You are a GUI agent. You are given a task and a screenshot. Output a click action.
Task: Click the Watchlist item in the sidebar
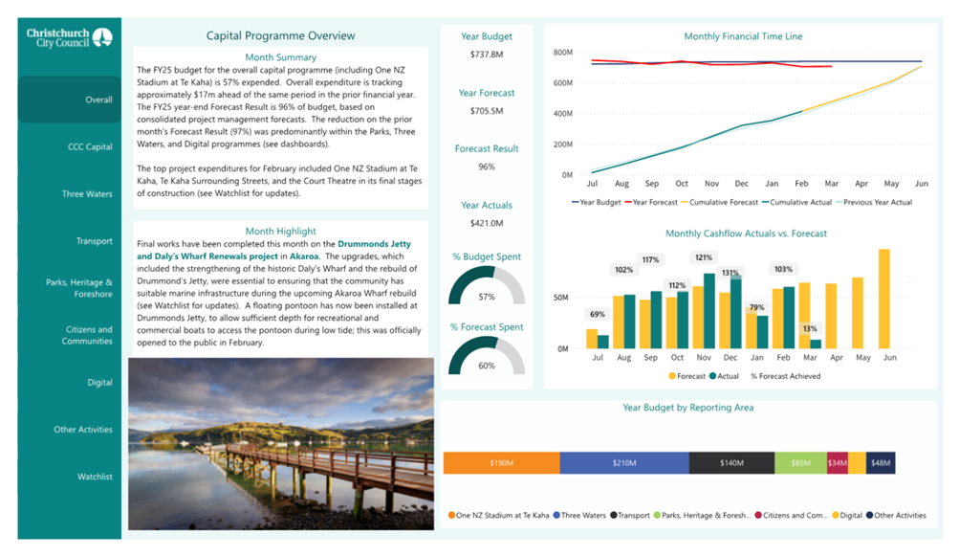coord(95,477)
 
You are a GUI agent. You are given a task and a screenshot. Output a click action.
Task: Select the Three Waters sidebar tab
coord(87,193)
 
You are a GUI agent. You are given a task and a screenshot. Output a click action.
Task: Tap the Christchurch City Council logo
coord(69,38)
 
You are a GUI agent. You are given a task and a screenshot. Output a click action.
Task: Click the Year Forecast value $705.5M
coord(487,111)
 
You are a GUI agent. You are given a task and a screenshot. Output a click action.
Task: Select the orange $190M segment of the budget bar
coord(502,463)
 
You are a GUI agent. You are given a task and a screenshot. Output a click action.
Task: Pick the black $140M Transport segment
coord(731,463)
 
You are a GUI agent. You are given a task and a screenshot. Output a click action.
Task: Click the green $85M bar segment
coord(800,463)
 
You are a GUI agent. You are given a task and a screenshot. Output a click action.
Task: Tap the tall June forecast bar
coord(883,299)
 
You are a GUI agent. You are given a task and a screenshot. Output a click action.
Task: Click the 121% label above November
coord(704,257)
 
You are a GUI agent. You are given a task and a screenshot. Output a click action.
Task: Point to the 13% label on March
coord(810,329)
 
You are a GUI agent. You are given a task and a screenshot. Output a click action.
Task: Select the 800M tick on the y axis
coord(562,53)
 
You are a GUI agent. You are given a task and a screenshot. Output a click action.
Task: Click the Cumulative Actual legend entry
coord(796,202)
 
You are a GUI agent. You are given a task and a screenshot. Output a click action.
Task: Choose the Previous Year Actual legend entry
coord(874,202)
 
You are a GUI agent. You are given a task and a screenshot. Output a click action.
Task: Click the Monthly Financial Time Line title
coord(743,36)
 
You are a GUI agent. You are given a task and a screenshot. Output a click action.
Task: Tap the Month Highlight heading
coord(281,231)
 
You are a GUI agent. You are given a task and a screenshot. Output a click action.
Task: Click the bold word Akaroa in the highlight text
coord(304,256)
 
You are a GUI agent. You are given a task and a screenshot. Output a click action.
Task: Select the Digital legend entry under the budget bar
coord(847,516)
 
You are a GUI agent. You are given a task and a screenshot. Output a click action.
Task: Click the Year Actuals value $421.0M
coord(487,223)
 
